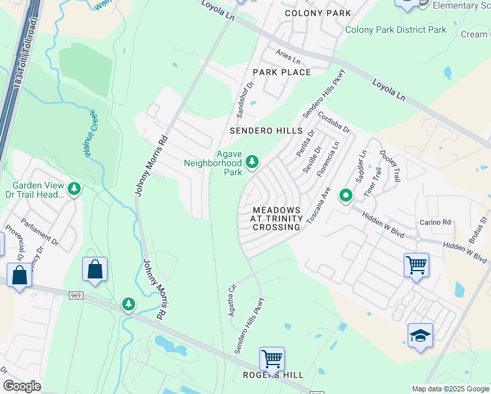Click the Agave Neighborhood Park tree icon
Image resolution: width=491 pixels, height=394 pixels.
click(251, 162)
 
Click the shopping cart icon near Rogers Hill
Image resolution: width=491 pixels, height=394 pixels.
click(272, 359)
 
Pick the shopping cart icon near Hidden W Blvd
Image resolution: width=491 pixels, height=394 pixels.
click(416, 265)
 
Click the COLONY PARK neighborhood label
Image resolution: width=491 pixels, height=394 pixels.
click(318, 13)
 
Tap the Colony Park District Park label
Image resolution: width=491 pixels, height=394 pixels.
click(396, 30)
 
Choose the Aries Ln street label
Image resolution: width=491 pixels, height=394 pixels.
click(288, 58)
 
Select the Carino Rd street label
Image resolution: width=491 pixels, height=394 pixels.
click(437, 222)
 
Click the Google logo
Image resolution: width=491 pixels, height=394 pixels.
click(22, 386)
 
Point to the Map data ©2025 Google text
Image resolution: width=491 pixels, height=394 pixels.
click(450, 389)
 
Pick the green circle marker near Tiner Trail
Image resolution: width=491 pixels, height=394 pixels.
click(346, 195)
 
